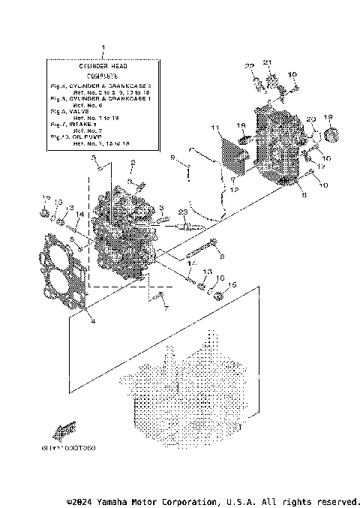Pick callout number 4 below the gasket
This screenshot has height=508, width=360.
(x=91, y=322)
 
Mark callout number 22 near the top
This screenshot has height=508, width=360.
(x=250, y=67)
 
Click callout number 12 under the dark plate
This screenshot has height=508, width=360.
(x=235, y=191)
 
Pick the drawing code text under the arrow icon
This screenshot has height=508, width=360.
(x=74, y=448)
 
